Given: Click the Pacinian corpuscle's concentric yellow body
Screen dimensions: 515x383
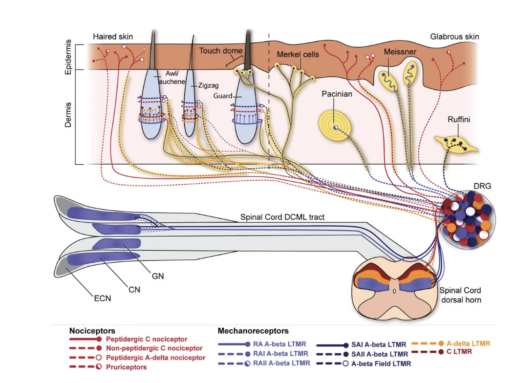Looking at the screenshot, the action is pos(335,126).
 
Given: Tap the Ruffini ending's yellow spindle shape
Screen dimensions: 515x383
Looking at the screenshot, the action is pos(455,145).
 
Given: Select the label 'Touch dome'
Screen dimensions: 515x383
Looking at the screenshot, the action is pos(221,51).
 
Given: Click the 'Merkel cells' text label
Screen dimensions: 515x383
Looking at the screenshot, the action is pos(298,55).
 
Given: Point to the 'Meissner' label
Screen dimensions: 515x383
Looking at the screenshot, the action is pos(400,52).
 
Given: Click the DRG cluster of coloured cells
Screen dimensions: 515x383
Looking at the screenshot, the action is pos(469,219).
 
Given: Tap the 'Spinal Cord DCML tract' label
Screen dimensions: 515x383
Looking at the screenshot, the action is pos(282,217).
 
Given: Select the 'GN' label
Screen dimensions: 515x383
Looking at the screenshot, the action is pos(158,276).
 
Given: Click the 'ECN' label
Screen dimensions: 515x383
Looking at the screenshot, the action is pos(103,298).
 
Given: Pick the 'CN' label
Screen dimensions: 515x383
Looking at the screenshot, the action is pos(134,290).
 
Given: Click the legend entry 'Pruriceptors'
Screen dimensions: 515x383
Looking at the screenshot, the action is pos(126,367).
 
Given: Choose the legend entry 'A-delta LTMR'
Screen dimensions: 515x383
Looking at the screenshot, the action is pos(468,343).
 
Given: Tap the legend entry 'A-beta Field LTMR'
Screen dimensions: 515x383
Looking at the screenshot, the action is pos(381,364).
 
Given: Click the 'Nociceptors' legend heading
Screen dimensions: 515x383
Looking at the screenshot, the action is pos(92,331).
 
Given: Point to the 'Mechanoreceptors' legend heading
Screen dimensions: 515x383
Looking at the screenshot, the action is pos(253,331).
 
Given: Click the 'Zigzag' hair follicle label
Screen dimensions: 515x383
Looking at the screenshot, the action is pos(208,85).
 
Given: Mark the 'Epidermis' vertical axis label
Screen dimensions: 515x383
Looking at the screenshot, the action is pos(68,57).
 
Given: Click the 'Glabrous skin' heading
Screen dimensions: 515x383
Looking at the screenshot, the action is pos(454,37).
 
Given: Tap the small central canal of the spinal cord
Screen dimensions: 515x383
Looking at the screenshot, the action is pos(394,291).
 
